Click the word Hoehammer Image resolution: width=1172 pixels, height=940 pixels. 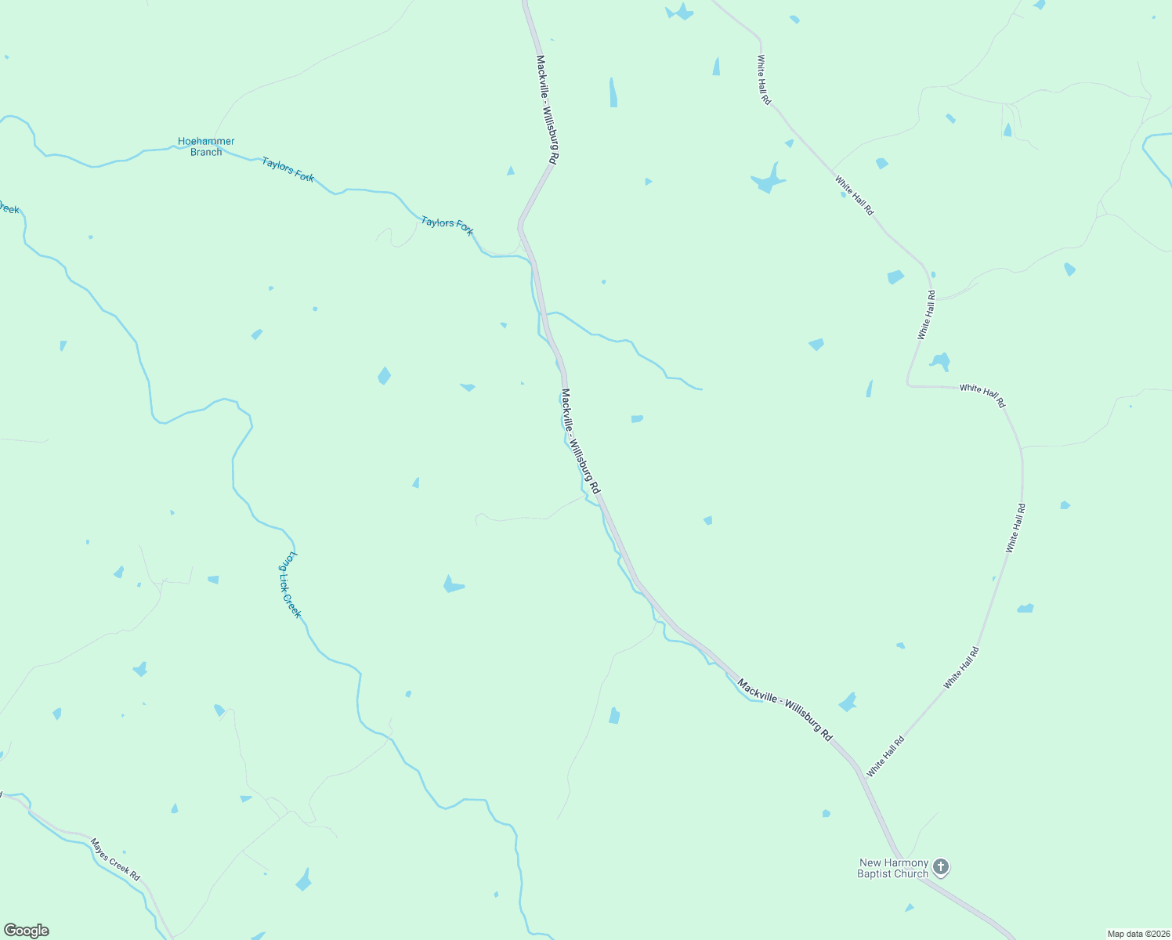coord(206,142)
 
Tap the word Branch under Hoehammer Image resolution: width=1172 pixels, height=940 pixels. coord(206,152)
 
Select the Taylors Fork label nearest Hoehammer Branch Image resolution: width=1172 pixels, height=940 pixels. coord(288,170)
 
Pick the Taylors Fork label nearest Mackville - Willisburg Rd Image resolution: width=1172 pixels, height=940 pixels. coord(447,226)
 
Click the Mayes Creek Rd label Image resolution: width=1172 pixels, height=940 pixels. coord(115,859)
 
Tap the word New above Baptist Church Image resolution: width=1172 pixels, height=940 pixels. coord(871,862)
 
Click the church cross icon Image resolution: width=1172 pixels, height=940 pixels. coord(941,867)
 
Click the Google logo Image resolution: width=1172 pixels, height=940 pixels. coord(27,931)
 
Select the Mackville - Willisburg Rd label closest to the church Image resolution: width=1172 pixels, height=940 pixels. coord(785,711)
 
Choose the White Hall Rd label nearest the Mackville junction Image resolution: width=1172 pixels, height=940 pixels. coord(886,756)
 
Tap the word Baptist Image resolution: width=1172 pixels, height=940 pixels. coord(875,873)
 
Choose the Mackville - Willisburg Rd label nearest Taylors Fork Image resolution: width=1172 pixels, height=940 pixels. coord(547,108)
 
